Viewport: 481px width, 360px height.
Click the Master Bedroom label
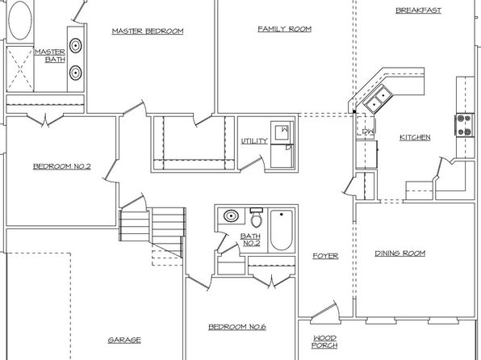tap(148, 31)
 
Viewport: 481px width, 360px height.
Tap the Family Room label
tap(284, 29)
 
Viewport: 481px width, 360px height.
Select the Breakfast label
tap(418, 10)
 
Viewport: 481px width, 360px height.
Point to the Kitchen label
tap(415, 137)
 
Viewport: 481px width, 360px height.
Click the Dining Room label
tap(400, 253)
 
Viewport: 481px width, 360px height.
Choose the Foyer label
tap(325, 256)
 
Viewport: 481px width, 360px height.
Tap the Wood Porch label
tap(325, 342)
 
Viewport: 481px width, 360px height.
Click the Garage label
tap(124, 340)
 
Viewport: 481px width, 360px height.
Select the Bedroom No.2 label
tap(62, 166)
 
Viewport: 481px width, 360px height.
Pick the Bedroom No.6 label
tap(237, 327)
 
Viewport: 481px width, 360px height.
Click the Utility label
tap(254, 141)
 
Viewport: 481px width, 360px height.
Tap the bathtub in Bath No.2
tap(281, 230)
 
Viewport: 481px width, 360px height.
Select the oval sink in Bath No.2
tap(231, 216)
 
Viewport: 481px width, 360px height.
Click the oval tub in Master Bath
tap(20, 20)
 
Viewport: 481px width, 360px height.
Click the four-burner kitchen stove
tap(464, 124)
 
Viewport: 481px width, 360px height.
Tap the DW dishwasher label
tap(368, 132)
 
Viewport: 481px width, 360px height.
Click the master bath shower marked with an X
tap(20, 69)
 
